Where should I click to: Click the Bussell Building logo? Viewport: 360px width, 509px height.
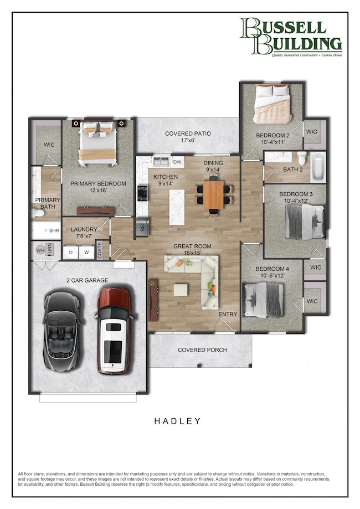290,37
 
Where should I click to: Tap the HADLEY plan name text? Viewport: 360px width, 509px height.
177,421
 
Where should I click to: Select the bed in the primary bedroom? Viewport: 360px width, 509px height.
98,142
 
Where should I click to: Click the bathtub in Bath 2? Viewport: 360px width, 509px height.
317,167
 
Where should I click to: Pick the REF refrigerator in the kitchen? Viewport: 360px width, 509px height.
142,226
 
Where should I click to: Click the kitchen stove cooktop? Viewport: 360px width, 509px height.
142,193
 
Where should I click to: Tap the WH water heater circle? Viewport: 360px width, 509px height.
39,250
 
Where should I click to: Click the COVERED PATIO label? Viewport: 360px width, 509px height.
188,134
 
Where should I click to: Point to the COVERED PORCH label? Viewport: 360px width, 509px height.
202,350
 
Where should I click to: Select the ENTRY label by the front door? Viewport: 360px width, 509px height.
228,314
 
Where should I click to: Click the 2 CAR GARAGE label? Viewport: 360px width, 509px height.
87,280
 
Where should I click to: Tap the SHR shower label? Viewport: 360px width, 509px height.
54,230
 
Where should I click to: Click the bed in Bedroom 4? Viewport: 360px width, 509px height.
264,299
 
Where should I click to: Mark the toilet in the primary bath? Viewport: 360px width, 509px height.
38,212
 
